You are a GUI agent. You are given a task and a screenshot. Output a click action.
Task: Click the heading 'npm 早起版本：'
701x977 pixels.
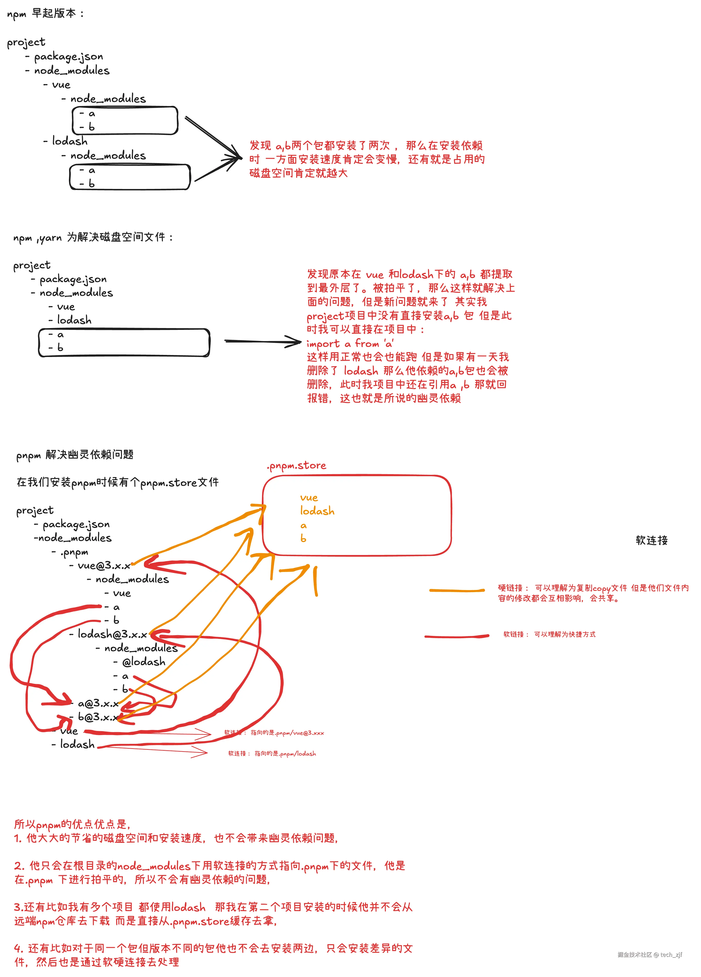click(x=45, y=14)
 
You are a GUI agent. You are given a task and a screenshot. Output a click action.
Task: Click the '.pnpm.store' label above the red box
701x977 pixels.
click(x=296, y=466)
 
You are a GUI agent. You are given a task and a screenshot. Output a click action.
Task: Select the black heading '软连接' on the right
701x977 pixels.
click(x=651, y=540)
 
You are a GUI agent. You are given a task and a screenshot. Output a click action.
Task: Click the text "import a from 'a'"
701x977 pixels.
click(x=350, y=343)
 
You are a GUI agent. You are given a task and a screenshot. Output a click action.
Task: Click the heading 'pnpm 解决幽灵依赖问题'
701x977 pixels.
click(x=75, y=455)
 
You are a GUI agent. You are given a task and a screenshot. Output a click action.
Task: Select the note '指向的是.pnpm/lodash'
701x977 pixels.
click(x=285, y=753)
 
